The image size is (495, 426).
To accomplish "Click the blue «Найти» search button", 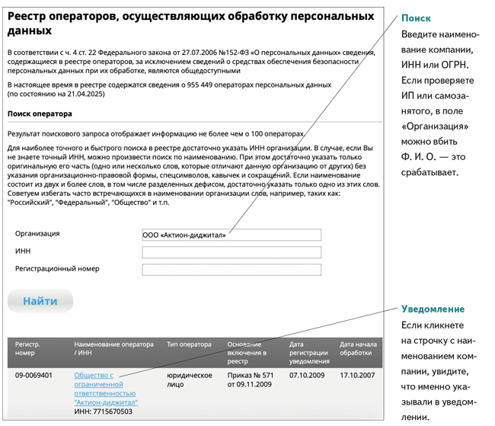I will pos(40,301).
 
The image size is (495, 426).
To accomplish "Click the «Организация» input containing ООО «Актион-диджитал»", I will pos(232,235).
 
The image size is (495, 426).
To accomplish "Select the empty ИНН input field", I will pos(232,252).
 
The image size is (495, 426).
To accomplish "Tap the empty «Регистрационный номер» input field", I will pos(232,270).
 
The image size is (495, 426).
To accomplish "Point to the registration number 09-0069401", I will pos(34,376).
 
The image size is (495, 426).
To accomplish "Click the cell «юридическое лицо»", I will pos(189,380).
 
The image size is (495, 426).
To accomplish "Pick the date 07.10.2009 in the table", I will pos(307,376).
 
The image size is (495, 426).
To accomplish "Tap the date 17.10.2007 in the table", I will pos(357,376).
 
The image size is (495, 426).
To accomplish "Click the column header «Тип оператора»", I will pos(189,344).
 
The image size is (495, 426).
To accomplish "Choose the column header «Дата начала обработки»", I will pos(358,348).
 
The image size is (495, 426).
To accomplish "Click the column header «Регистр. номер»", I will pos(27,348).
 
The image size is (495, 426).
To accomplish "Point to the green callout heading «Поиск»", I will pos(416,18).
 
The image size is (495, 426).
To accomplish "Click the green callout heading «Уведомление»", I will pos(433,309).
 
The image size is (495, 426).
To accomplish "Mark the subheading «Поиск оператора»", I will pos(40,114).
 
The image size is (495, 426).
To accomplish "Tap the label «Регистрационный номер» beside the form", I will pos(57,269).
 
